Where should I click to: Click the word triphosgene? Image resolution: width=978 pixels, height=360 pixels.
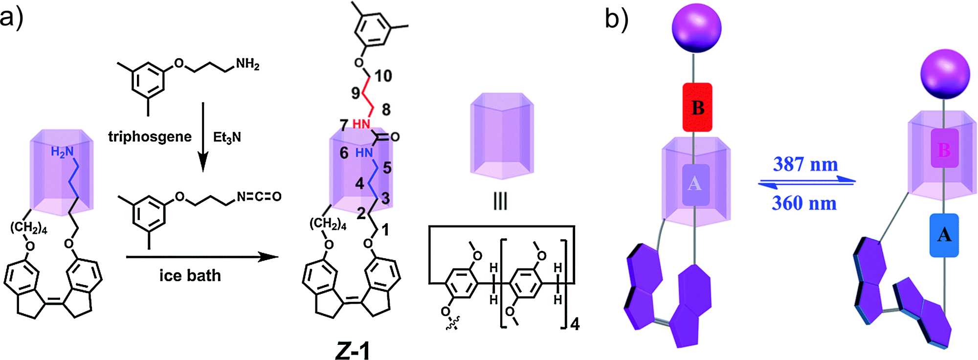click(150, 137)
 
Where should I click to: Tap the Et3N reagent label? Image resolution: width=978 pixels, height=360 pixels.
click(227, 137)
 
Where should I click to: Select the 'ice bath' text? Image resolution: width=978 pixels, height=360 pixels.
click(190, 275)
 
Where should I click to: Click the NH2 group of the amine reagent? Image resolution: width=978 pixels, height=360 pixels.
click(247, 65)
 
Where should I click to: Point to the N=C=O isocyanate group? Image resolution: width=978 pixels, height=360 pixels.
click(259, 197)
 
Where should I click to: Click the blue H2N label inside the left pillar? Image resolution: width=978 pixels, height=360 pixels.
click(62, 153)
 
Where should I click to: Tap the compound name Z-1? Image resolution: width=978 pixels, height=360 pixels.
click(353, 350)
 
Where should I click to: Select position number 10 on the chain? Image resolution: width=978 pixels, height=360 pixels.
click(383, 76)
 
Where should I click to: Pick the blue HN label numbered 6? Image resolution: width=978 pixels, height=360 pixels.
click(364, 153)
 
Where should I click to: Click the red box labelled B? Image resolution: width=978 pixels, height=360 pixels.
click(697, 108)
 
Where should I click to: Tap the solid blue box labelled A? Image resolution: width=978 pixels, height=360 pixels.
click(944, 235)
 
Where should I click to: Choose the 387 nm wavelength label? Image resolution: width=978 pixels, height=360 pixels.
click(805, 164)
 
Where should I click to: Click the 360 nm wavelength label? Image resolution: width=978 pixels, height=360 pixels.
click(804, 202)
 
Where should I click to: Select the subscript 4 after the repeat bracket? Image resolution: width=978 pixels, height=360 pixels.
click(575, 324)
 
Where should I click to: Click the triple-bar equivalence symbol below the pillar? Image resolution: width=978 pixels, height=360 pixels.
click(500, 201)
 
